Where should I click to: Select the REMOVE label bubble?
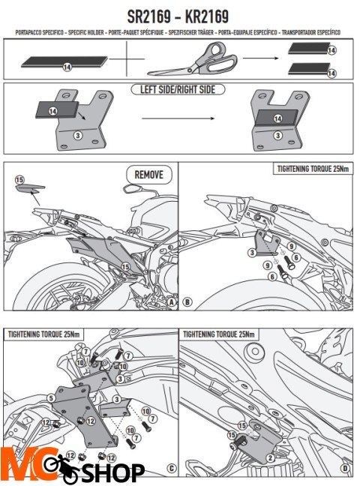pyautogui.click(x=149, y=175)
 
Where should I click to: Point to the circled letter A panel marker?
pyautogui.click(x=172, y=302)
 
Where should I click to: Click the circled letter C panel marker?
pyautogui.click(x=172, y=469)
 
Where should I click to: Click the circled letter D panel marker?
pyautogui.click(x=346, y=469)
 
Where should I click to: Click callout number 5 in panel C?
pyautogui.click(x=51, y=398)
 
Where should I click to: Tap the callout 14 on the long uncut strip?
pyautogui.click(x=67, y=67)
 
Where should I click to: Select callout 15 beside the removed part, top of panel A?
pyautogui.click(x=19, y=180)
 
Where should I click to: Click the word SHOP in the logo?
pyautogui.click(x=112, y=472)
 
